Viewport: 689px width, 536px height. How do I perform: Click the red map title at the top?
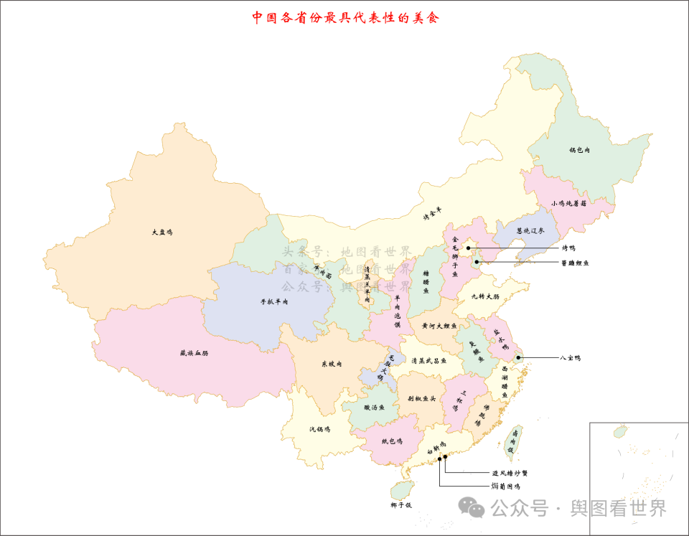click(344, 18)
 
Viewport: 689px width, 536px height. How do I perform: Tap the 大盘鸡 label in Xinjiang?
click(162, 232)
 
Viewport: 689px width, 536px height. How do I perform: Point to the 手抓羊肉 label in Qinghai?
click(273, 302)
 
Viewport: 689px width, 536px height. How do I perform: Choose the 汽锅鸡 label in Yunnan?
click(319, 429)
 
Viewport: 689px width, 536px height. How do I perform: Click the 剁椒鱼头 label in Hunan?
click(422, 398)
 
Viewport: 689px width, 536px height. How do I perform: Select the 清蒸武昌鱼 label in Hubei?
click(428, 361)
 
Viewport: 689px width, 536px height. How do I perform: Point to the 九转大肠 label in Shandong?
click(485, 296)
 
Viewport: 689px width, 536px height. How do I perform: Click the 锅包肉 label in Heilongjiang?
click(579, 151)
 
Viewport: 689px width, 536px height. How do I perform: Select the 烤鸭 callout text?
click(568, 248)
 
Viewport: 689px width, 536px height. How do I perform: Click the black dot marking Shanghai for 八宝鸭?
click(518, 357)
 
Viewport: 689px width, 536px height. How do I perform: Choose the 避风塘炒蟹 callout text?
click(510, 474)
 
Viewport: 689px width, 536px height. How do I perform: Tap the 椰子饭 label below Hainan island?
click(401, 505)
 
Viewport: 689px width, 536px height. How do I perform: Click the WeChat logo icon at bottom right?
click(475, 507)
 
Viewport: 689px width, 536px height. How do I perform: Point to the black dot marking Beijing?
click(468, 248)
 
